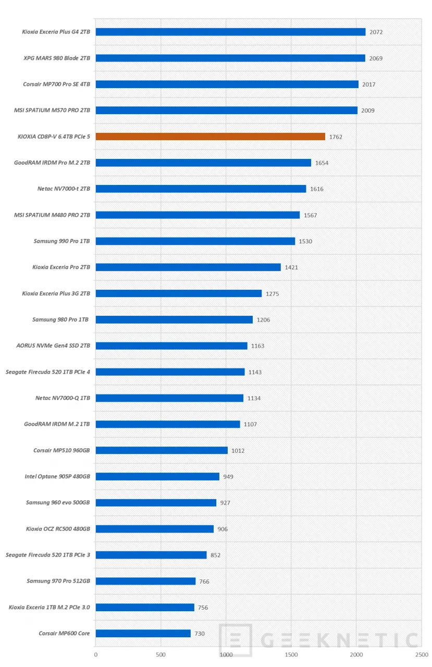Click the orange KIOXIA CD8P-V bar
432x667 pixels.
coord(210,137)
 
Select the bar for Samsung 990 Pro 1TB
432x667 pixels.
coord(195,241)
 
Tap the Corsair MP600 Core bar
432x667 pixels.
coord(143,634)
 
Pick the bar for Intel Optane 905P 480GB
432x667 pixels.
coord(157,476)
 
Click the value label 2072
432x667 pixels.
coord(376,32)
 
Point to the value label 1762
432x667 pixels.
coord(336,137)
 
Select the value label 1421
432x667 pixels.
coord(291,267)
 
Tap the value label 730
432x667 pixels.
coord(200,634)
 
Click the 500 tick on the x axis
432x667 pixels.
coord(161,654)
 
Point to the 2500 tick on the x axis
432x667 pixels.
coord(422,654)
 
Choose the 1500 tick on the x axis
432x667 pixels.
coord(291,654)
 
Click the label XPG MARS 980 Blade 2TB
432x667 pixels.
coord(57,58)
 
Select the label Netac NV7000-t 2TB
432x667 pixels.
coord(60,189)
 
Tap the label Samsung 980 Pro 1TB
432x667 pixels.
coord(61,319)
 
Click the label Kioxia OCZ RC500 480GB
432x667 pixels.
coord(58,529)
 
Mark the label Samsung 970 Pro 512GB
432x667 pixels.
coord(58,581)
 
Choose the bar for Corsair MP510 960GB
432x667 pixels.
coord(162,450)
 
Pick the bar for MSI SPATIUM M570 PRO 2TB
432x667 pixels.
coord(226,110)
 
